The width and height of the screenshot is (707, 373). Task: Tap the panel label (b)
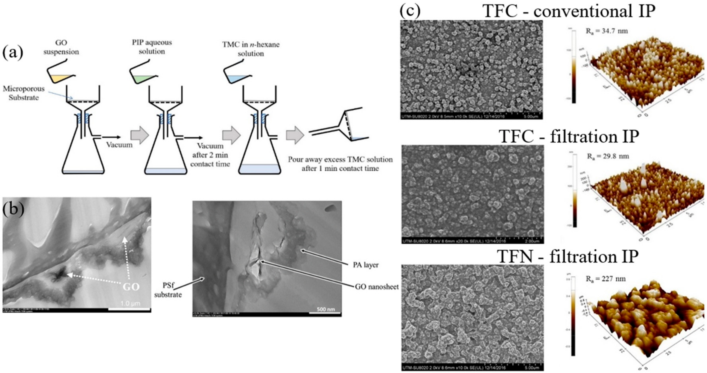[x=13, y=209]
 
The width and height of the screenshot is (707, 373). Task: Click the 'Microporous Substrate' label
[x=24, y=93]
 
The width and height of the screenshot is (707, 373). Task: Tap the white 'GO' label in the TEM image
[x=131, y=287]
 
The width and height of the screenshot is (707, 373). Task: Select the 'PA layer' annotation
[x=366, y=265]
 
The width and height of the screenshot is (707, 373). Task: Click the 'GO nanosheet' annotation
[x=376, y=287]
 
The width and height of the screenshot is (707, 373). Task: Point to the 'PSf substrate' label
[x=168, y=290]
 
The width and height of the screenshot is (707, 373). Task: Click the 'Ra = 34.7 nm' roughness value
[x=607, y=31]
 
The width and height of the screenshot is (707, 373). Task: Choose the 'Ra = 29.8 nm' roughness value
[x=608, y=156]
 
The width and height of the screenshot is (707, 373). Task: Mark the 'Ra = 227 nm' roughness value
[x=605, y=279]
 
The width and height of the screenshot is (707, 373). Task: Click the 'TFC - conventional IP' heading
[x=569, y=12]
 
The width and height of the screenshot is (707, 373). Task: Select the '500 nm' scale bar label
[x=326, y=309]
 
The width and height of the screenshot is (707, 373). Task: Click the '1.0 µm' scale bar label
[x=131, y=303]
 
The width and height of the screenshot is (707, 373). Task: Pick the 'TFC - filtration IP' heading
[x=569, y=136]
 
